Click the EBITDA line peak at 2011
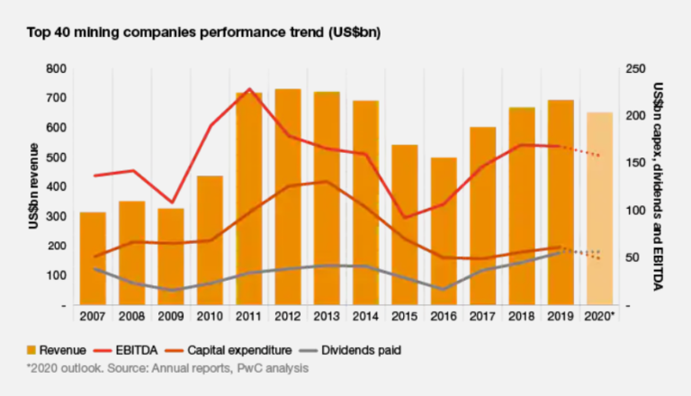pyautogui.click(x=249, y=89)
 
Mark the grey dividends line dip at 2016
pyautogui.click(x=444, y=289)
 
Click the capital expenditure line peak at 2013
pyautogui.click(x=327, y=182)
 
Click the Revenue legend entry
pyautogui.click(x=56, y=349)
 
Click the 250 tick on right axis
pyautogui.click(x=634, y=68)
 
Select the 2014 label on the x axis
pyautogui.click(x=365, y=318)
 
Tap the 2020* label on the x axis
pyautogui.click(x=600, y=318)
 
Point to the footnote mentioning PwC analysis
pyautogui.click(x=167, y=368)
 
